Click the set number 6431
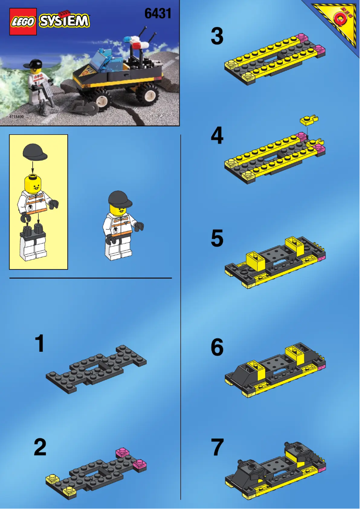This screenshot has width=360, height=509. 158,14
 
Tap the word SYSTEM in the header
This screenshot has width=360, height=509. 64,21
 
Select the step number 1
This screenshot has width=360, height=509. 40,344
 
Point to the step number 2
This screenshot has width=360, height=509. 40,447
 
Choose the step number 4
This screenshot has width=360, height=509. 217,136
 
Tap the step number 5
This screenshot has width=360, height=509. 217,239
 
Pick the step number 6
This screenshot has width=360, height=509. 217,347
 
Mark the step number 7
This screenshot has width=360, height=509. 217,448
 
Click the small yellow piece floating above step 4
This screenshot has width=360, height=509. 309,120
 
